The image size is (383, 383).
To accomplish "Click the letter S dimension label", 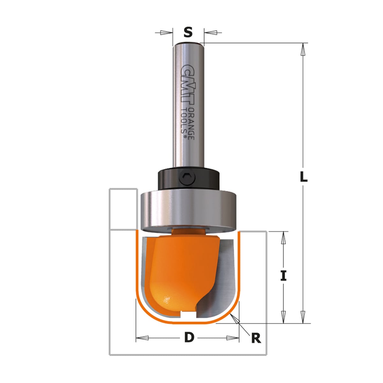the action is (188, 32).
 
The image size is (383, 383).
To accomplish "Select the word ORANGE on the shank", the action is (191, 124).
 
